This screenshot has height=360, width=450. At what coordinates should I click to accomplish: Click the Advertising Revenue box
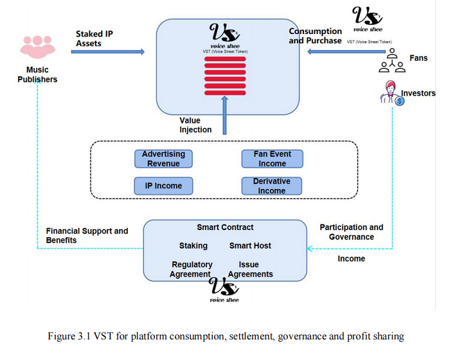(163, 159)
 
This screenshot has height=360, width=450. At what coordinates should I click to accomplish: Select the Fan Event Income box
(272, 159)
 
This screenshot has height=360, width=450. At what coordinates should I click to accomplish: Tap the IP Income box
(163, 186)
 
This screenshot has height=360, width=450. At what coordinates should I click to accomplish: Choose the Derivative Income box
(272, 186)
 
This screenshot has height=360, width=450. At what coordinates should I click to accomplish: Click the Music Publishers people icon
(37, 47)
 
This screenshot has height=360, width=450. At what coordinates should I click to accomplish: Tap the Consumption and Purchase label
(315, 36)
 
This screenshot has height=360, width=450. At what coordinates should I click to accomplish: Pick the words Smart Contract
(225, 227)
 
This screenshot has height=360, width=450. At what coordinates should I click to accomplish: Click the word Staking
(193, 246)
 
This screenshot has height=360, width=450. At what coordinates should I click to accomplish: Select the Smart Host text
(250, 246)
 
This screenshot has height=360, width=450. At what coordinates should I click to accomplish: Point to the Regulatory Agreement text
(192, 269)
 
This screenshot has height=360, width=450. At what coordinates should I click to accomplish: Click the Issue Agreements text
(250, 269)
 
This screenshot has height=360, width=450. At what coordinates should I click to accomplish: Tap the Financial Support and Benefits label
(87, 235)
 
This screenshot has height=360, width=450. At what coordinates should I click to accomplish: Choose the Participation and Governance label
(351, 232)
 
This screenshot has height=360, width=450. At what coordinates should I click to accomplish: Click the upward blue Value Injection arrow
(225, 115)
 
